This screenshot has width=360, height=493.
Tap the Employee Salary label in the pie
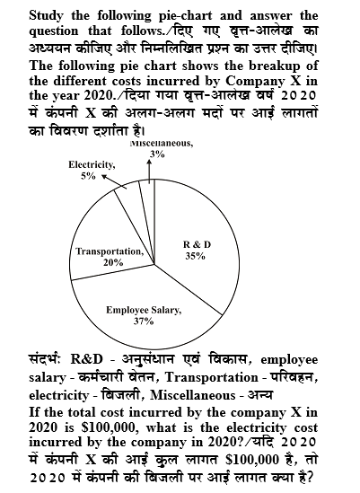tap(144, 310)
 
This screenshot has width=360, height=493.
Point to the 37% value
tap(143, 321)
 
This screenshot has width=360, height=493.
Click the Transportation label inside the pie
tap(113, 251)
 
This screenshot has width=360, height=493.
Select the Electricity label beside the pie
tap(92, 164)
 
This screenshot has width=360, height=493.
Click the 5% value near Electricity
tap(88, 176)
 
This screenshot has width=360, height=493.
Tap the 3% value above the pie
tap(157, 154)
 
